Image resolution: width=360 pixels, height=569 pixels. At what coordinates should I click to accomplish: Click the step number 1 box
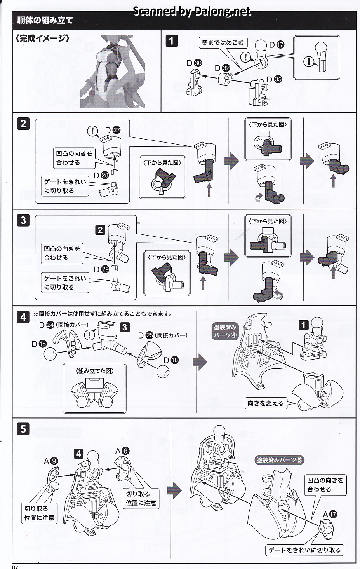click(172, 40)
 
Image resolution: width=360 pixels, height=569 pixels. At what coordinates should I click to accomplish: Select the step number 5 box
click(23, 429)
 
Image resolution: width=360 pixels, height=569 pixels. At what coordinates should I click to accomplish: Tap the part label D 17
click(276, 45)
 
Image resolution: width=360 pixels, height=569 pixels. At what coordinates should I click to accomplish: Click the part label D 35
click(274, 79)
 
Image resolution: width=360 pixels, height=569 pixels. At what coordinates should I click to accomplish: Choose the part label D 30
click(194, 63)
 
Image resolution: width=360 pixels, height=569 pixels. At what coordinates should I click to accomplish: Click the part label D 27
click(113, 131)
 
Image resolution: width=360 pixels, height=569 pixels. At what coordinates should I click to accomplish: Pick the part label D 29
click(101, 269)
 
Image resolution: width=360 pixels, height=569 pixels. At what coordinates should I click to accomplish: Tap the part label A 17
click(329, 514)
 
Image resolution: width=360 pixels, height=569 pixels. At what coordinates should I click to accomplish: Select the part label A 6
click(122, 451)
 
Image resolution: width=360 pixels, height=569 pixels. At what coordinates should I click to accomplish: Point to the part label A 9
click(51, 461)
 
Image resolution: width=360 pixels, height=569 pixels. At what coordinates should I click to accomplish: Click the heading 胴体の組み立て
click(45, 20)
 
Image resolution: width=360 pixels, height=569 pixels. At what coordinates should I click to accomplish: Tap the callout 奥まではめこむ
click(223, 43)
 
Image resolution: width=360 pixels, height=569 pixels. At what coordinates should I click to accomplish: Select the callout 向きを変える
click(266, 403)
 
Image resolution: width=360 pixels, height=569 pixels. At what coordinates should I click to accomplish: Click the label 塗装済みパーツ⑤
click(279, 460)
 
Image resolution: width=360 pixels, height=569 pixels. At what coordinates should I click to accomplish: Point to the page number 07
click(15, 566)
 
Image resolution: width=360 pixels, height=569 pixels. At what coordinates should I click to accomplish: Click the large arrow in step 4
click(200, 361)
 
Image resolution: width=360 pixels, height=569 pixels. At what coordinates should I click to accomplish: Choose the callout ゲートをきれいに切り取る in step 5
click(304, 550)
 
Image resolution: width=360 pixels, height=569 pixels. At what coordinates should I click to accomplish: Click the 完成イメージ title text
click(43, 38)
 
